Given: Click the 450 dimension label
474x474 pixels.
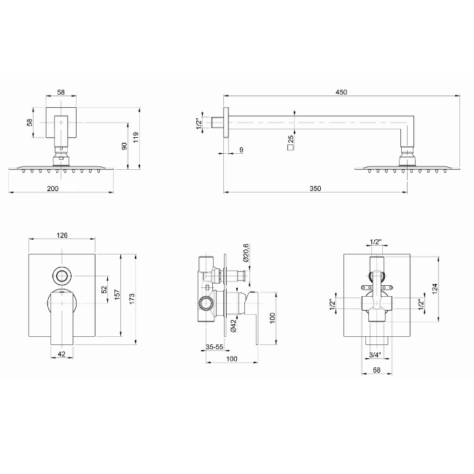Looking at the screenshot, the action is (x=341, y=92).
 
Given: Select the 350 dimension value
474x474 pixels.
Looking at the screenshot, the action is (x=315, y=188).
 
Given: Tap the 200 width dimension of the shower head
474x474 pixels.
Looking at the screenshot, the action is (x=53, y=188).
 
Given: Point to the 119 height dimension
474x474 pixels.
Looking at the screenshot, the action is (x=136, y=138).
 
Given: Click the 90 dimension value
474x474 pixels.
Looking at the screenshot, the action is (x=124, y=146).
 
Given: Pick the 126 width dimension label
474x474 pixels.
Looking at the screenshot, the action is (x=62, y=235).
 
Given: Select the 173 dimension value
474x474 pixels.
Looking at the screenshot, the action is (x=131, y=299).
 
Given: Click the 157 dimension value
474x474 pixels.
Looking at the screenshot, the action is (x=117, y=295).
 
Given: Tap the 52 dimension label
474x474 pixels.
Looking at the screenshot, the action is (x=104, y=290).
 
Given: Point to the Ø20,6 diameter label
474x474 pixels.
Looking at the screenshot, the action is (x=246, y=252).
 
